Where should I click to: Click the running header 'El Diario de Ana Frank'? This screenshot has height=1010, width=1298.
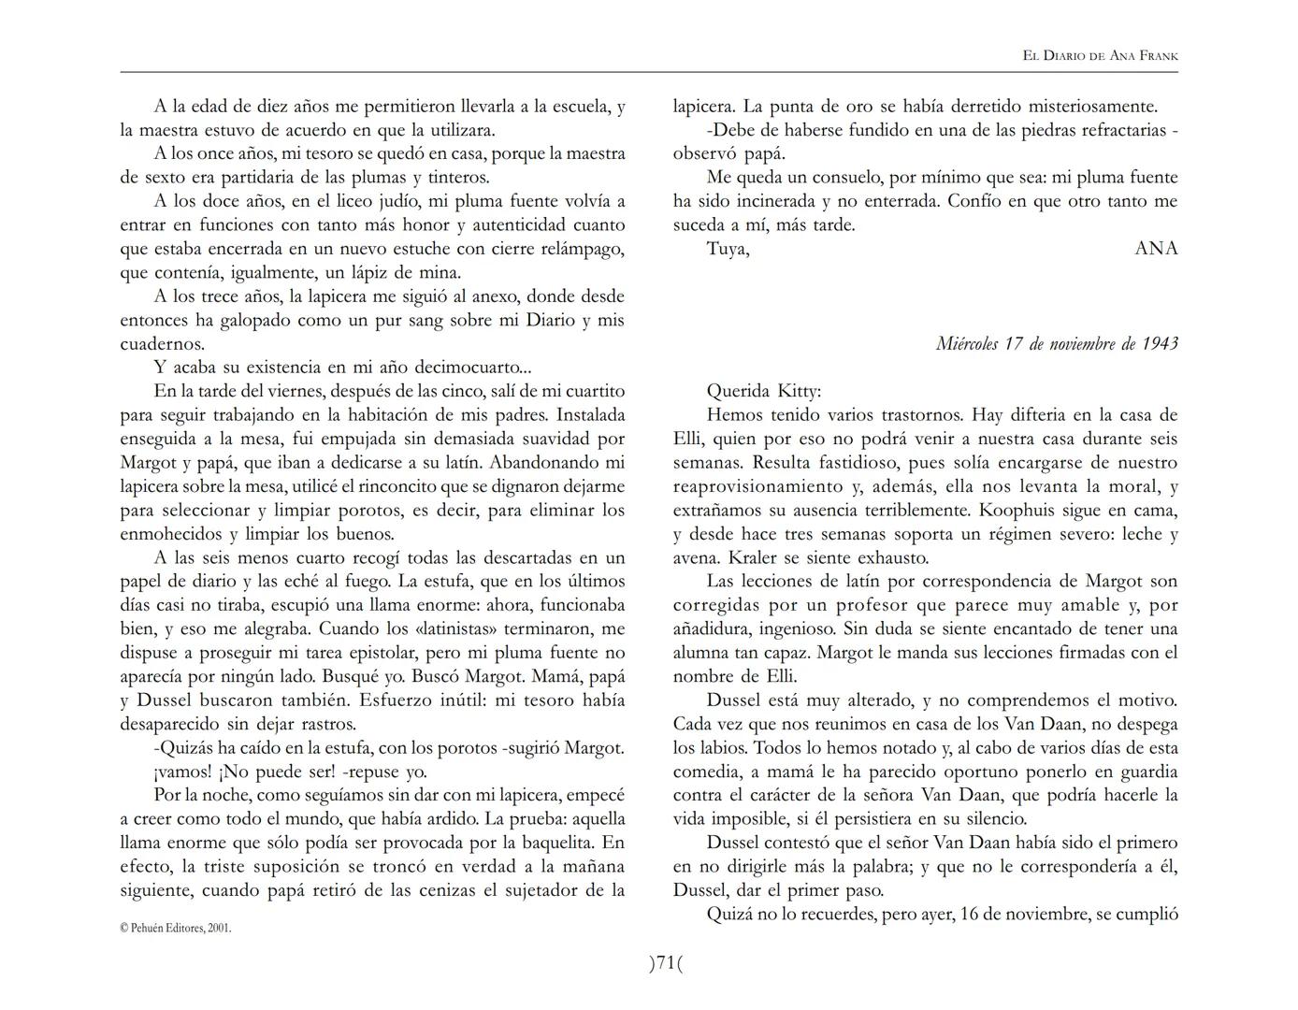[1100, 56]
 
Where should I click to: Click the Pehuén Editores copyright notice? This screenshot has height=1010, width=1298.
[176, 928]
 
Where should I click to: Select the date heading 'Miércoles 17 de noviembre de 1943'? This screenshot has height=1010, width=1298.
[1057, 343]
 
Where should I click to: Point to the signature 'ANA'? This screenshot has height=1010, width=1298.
[1156, 249]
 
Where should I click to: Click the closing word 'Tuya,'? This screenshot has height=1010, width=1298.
[728, 249]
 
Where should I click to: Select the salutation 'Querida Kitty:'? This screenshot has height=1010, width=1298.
[764, 391]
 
